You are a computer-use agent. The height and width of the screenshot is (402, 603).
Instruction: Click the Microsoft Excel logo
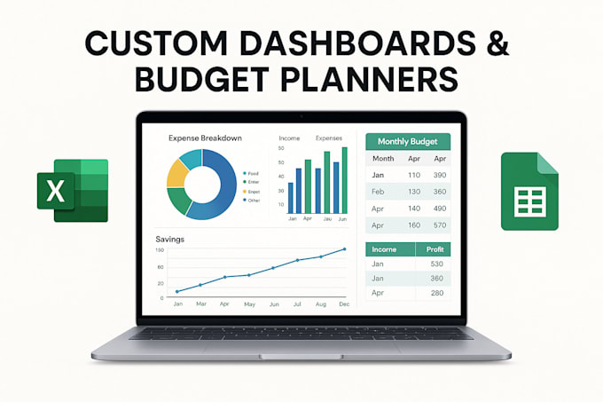click(72, 190)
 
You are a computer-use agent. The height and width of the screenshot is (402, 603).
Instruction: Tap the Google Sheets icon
click(529, 191)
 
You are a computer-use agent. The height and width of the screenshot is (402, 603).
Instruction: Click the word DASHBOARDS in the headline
click(346, 43)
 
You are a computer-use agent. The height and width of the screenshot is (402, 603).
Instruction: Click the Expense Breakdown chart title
click(206, 138)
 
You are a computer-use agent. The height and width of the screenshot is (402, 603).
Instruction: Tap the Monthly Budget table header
click(409, 141)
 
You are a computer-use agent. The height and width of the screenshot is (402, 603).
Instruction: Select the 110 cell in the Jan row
click(413, 175)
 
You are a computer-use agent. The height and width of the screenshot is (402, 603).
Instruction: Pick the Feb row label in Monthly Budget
click(378, 192)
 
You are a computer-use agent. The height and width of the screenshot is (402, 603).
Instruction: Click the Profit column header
click(435, 250)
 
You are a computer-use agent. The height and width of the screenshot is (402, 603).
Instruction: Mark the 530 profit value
click(435, 264)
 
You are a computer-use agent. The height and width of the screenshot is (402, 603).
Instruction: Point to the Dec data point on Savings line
click(343, 249)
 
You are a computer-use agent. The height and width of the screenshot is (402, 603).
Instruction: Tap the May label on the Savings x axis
click(249, 304)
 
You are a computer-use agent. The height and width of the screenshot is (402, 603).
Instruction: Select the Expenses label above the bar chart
click(329, 138)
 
